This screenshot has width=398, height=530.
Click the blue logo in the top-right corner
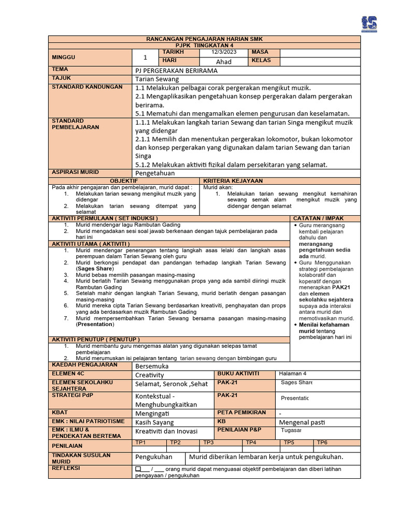(x=369, y=24)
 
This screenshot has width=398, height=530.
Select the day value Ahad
(x=224, y=61)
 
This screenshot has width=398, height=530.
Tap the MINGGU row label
(x=63, y=57)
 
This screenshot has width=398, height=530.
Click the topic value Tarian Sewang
(x=157, y=79)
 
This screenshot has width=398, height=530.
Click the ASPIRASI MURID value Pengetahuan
(x=155, y=173)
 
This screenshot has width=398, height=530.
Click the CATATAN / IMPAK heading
(x=318, y=218)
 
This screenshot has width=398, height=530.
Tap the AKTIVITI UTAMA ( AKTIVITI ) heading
(x=90, y=243)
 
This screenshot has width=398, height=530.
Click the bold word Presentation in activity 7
(x=95, y=325)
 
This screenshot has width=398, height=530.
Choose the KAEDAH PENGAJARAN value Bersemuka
(x=152, y=366)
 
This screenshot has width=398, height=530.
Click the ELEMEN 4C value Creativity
(x=149, y=375)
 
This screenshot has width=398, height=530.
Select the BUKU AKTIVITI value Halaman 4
(x=293, y=374)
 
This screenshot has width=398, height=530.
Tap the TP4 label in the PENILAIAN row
(x=251, y=443)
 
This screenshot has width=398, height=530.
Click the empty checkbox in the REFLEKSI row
(x=138, y=469)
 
